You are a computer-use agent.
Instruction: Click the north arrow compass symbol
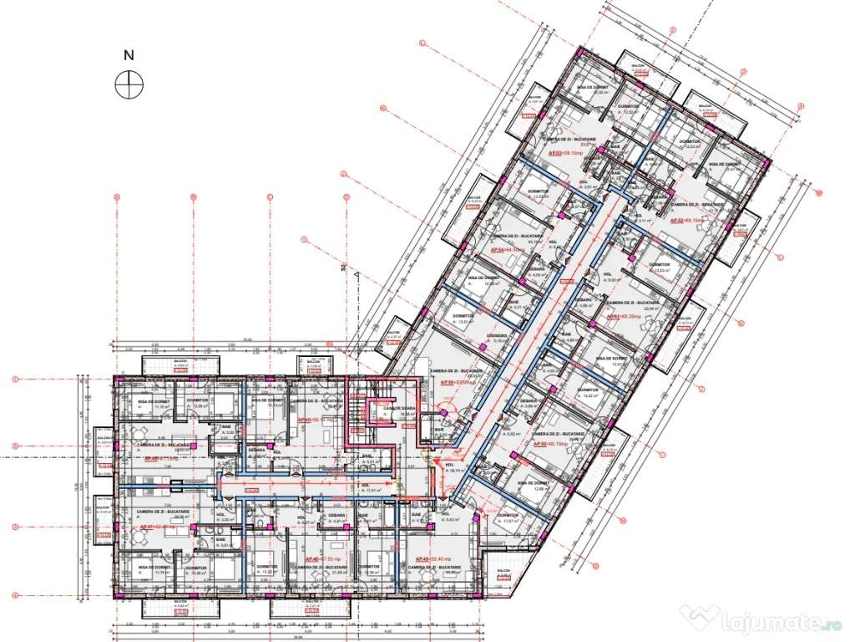(129, 84)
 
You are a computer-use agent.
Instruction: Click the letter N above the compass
(129, 56)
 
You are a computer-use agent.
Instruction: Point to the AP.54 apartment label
(507, 250)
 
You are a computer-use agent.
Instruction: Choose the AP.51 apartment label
(623, 317)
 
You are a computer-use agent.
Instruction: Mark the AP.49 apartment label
(428, 558)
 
